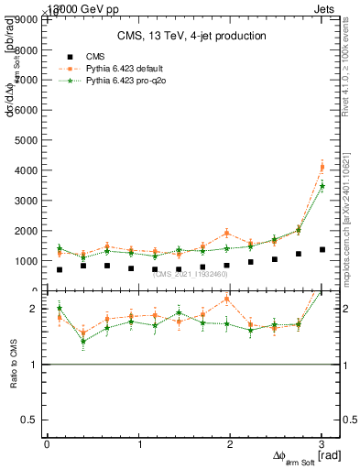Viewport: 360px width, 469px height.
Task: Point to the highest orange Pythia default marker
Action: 322,167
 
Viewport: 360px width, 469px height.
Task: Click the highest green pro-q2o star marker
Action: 322,186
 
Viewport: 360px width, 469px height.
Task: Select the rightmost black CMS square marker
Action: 322,249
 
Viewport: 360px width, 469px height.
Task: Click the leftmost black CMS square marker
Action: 60,269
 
